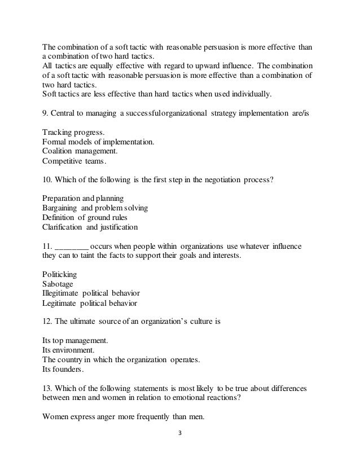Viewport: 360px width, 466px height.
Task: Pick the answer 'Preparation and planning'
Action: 84,199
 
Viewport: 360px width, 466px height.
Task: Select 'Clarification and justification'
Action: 90,227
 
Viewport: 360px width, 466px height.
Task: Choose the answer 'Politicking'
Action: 60,274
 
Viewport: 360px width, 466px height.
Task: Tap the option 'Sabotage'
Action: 58,284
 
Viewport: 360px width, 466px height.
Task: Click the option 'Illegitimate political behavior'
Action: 91,293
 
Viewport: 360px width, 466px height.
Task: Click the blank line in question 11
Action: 72,247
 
